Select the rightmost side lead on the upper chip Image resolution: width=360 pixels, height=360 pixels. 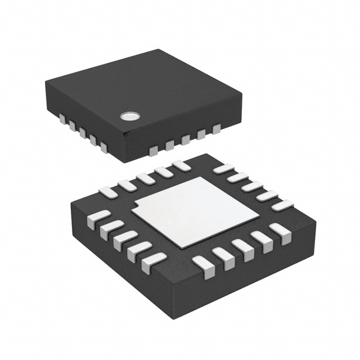pyautogui.click(x=217, y=130)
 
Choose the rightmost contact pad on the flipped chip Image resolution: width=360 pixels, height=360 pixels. pyautogui.click(x=281, y=205)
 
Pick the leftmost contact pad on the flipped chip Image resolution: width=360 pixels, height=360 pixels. pyautogui.click(x=99, y=217)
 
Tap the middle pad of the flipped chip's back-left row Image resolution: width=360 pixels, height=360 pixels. pyautogui.click(x=145, y=178)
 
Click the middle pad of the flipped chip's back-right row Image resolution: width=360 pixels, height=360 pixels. pyautogui.click(x=251, y=186)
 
